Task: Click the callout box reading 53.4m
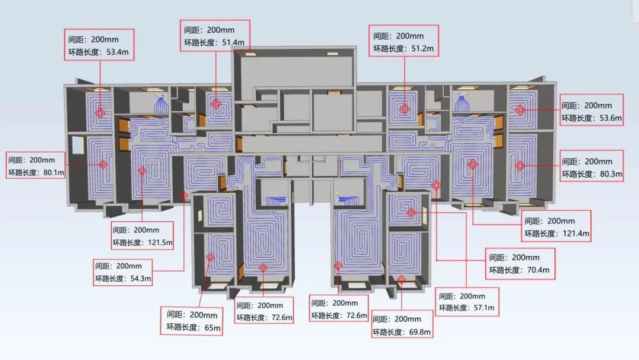pyautogui.click(x=99, y=45)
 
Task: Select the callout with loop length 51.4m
pyautogui.click(x=215, y=36)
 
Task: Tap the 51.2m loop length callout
pyautogui.click(x=404, y=41)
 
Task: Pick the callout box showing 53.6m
pyautogui.click(x=592, y=111)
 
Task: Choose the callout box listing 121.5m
pyautogui.click(x=143, y=236)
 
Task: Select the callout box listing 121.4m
pyautogui.click(x=557, y=227)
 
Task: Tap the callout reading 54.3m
pyautogui.click(x=124, y=272)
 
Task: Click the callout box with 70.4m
pyautogui.click(x=521, y=264)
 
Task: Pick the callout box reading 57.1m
pyautogui.click(x=467, y=302)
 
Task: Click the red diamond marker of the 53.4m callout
pyautogui.click(x=101, y=112)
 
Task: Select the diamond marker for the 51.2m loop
pyautogui.click(x=405, y=109)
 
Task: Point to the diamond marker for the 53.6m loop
pyautogui.click(x=519, y=110)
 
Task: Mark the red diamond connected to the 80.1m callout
pyautogui.click(x=104, y=164)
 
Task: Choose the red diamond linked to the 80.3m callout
pyautogui.click(x=519, y=166)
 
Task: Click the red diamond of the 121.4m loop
pyautogui.click(x=472, y=165)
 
